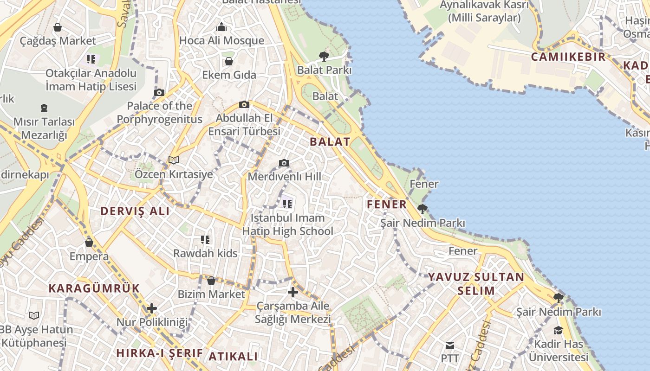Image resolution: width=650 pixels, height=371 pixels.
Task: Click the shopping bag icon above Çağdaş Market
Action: [x=58, y=27]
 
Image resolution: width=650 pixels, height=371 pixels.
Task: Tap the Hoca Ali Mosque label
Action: [x=221, y=40]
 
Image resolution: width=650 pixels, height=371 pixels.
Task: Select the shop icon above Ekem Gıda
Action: [x=229, y=61]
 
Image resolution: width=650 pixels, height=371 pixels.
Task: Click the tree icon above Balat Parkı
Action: [x=324, y=57]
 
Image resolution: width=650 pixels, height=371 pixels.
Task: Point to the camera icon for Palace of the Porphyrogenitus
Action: [x=159, y=92]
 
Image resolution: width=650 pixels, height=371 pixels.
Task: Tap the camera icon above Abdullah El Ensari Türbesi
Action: [x=244, y=104]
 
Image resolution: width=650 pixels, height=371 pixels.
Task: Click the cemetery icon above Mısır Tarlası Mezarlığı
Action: [x=44, y=108]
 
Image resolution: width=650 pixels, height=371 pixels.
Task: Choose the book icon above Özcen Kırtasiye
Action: [x=174, y=160]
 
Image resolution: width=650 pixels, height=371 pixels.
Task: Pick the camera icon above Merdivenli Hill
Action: [x=284, y=163]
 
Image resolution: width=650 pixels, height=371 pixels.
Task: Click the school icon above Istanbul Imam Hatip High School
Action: [x=287, y=203]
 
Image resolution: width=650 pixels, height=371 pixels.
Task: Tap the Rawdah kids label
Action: [x=205, y=253]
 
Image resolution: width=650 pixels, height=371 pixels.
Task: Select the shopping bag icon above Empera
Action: [x=89, y=242]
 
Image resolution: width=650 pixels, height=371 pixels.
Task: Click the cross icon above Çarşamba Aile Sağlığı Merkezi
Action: [x=292, y=292]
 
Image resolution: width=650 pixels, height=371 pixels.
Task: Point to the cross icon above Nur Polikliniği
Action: [x=151, y=308]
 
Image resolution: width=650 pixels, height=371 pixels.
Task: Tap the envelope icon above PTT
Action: [x=449, y=345]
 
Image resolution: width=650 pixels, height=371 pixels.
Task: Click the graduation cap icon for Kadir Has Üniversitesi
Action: [x=558, y=330]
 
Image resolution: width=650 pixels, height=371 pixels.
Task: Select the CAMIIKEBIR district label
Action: [x=568, y=57]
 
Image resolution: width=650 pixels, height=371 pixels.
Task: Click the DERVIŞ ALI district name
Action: [x=135, y=211]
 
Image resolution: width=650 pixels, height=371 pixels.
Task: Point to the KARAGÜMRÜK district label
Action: [x=94, y=288]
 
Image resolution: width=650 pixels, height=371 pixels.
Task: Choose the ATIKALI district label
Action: [x=233, y=356]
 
